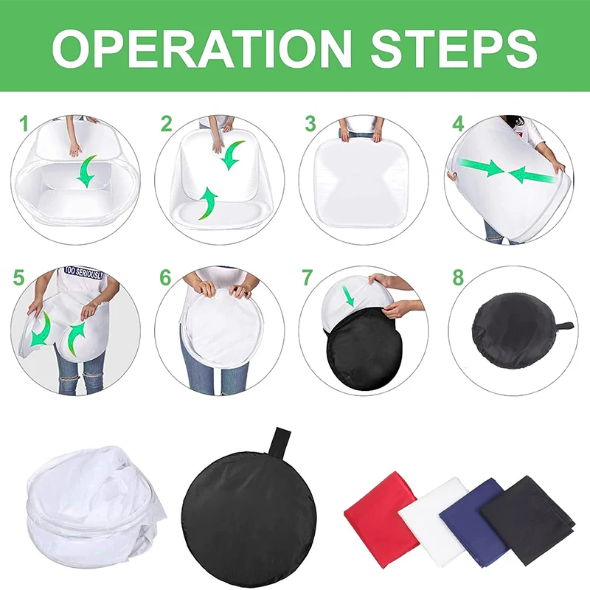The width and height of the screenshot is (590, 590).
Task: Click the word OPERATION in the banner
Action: click(201, 49)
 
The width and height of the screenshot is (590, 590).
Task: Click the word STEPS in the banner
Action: click(454, 49)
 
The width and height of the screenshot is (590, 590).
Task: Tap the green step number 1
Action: click(24, 124)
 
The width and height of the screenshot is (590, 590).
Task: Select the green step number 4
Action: click(458, 124)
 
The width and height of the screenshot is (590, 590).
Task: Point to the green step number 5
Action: click(19, 278)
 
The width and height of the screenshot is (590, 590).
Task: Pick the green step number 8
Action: click(458, 278)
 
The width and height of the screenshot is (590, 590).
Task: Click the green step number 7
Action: click(308, 278)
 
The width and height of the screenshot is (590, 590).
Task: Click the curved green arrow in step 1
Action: click(86, 172)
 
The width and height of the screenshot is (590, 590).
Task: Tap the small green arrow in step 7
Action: click(348, 296)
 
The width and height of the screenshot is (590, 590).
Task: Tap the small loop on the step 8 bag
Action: click(563, 325)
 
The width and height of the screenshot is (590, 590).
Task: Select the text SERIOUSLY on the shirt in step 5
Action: click(88, 273)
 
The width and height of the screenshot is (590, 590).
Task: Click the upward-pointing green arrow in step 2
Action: click(208, 204)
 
